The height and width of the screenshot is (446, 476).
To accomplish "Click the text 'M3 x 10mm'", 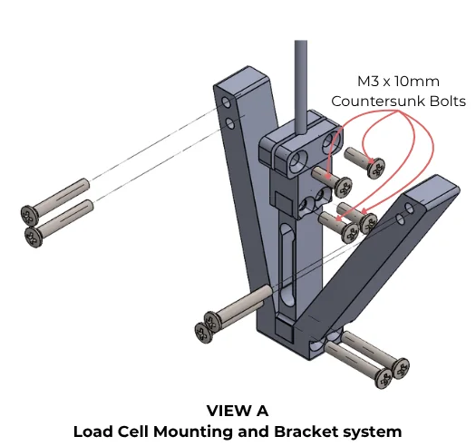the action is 398,82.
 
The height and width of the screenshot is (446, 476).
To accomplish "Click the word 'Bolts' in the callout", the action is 448,102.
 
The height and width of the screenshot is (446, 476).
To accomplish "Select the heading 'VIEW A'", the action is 238,411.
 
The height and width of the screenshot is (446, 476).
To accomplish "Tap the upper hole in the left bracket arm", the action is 226,102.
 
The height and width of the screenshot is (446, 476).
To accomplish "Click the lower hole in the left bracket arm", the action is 230,123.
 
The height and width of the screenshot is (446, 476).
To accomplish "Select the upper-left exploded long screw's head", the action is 29,215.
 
